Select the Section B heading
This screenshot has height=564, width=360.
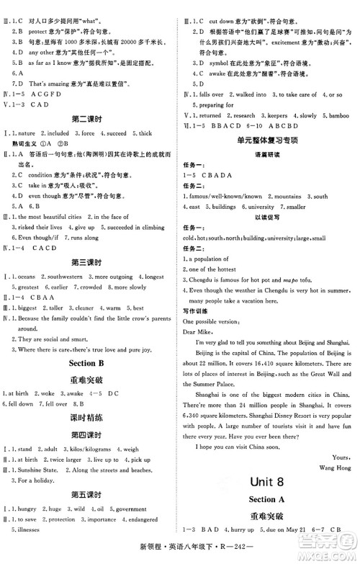pos(91,362)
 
